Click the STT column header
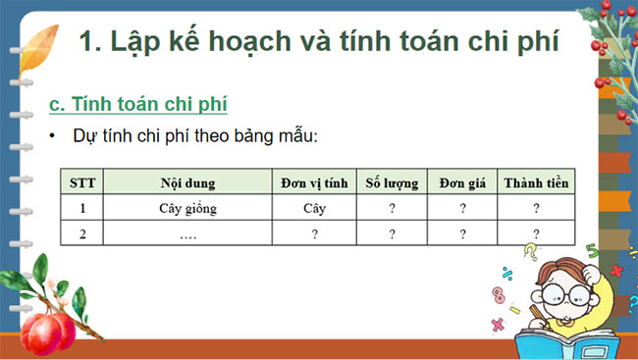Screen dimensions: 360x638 point(82,182)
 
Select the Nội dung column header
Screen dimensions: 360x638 point(187,182)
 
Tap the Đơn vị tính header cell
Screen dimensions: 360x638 point(314,182)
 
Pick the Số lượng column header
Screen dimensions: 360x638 point(392,182)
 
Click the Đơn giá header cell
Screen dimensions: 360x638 point(462,182)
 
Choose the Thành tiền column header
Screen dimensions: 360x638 point(536,182)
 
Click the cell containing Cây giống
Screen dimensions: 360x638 point(187,208)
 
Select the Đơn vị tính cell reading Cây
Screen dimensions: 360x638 point(314,208)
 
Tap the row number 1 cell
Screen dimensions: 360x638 point(82,208)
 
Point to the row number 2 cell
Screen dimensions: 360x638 point(82,233)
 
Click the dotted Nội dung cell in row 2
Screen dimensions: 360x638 point(187,233)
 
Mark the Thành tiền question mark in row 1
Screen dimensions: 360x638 point(536,208)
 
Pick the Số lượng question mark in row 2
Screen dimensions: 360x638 point(392,233)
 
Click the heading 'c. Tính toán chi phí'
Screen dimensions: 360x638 point(144,103)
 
